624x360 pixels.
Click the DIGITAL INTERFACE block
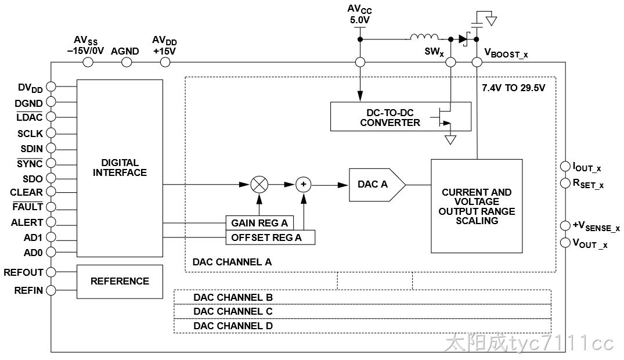pos(120,168)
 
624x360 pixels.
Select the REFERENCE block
pos(120,282)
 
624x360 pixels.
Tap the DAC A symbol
pos(377,185)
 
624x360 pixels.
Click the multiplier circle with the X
pos(259,185)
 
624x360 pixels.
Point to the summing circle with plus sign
pos(304,185)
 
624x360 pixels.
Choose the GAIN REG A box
pos(259,223)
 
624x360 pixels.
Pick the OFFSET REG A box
pos(270,237)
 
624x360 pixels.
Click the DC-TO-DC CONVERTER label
pos(390,117)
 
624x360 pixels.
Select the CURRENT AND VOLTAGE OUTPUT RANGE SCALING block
pos(477,206)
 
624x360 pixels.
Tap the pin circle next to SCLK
pos(51,133)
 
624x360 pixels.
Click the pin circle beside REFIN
pos(51,290)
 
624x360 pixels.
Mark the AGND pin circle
pos(127,62)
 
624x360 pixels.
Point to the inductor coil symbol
pos(424,37)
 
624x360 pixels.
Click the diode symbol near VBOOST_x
pos(463,39)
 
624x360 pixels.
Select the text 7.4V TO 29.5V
pos(513,88)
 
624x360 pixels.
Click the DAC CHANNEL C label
pos(233,311)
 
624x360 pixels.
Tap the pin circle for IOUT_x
pos(565,166)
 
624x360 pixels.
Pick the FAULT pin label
pos(27,207)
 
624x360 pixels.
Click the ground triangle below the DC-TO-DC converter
pos(450,140)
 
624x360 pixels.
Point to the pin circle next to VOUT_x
pos(565,243)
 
